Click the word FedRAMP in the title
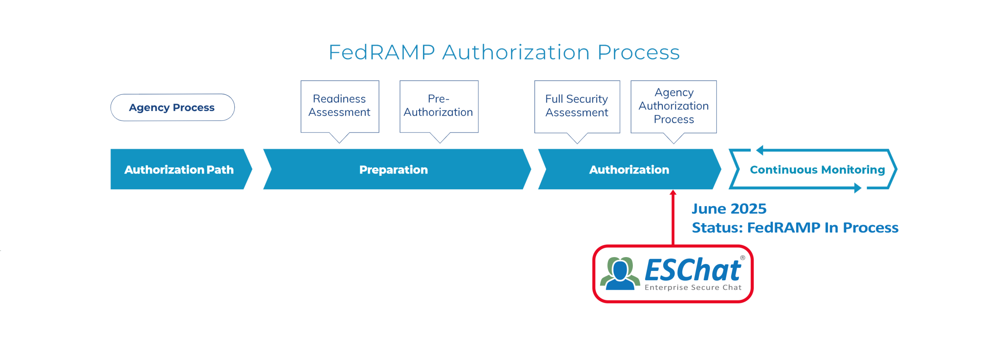pos(382,53)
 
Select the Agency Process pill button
pos(172,107)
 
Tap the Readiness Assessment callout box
pos(339,106)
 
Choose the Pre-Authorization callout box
pos(439,106)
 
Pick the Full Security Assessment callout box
pos(577,106)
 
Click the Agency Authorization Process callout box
pos(674,106)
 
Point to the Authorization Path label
pos(179,170)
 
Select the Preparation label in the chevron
pos(393,170)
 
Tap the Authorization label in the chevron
pos(629,170)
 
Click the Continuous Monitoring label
pos(817,170)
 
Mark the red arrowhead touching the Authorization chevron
pos(673,193)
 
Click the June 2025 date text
pos(729,209)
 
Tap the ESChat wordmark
pos(693,270)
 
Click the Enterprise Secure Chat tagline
pos(693,287)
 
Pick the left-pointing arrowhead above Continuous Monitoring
pos(760,150)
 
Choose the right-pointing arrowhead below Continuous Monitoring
pos(858,188)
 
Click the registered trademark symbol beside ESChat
pos(743,258)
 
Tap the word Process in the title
pos(639,53)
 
